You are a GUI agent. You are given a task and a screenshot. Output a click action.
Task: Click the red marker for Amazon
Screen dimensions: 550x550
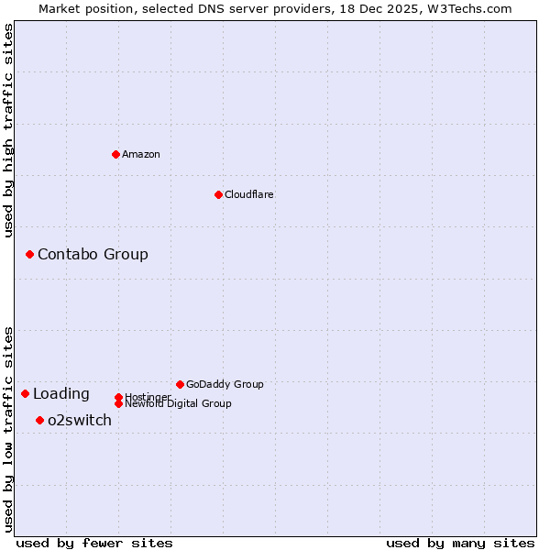pos(115,154)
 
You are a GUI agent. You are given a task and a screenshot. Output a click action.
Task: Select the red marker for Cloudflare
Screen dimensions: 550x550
pos(218,194)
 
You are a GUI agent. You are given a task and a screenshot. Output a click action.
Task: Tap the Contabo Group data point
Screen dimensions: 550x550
pos(29,254)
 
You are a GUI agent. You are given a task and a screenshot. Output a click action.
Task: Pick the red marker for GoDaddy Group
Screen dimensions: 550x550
pos(180,384)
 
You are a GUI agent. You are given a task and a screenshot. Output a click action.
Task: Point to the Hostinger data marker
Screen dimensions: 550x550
pos(118,397)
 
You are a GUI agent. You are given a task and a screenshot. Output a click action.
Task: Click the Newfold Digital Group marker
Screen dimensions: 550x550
pos(118,403)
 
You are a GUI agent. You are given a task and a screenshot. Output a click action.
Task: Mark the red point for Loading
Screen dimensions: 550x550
pos(25,393)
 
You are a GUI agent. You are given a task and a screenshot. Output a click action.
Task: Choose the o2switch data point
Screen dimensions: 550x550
pos(39,420)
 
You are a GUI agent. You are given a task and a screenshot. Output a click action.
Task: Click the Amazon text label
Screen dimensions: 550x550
pos(141,154)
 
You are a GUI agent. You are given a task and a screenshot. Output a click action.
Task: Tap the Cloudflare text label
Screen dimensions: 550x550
pos(249,194)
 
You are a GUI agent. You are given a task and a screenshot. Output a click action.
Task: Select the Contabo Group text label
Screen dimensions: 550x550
pos(93,254)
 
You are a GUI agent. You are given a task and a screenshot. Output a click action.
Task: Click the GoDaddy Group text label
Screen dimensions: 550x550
pos(225,384)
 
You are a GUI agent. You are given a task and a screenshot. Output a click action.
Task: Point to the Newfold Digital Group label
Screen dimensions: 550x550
pos(179,404)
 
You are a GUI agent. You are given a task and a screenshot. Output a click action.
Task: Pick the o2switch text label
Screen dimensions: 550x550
pos(80,421)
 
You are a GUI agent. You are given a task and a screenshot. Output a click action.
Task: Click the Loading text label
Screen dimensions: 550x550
pos(61,394)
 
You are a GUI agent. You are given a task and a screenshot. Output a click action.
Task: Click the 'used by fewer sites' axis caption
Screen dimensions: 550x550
pos(94,543)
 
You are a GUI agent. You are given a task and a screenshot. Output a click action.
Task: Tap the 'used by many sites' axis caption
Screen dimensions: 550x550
pos(460,543)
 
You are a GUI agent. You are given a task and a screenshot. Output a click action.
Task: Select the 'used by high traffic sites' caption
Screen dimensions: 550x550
pos(8,130)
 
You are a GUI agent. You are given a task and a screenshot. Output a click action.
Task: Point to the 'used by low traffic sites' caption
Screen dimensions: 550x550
pos(8,428)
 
